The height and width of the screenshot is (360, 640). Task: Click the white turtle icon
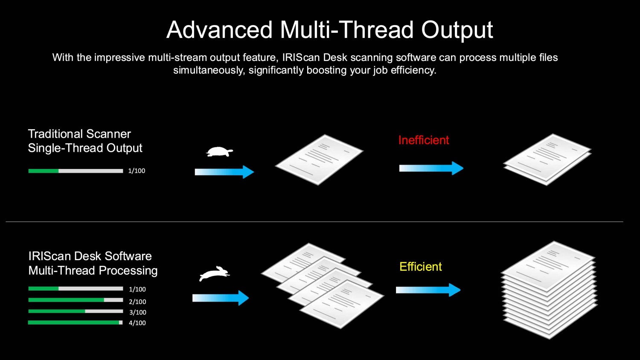pos(219,152)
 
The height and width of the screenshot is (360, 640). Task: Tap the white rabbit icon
pos(215,274)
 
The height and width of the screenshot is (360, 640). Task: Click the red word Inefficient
pos(423,140)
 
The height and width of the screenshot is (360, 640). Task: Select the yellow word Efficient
pos(421,267)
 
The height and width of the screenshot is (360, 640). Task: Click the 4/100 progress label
pos(137,323)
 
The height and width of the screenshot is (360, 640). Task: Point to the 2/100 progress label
pos(137,302)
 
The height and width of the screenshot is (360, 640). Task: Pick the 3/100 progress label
pos(138,312)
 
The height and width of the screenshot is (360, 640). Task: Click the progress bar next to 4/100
pos(76,322)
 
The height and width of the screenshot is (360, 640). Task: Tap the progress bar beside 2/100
pos(76,300)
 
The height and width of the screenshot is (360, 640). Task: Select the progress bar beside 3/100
pos(76,311)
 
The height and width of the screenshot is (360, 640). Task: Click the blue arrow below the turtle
pos(224,172)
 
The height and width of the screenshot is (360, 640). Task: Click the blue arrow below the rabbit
pos(221,298)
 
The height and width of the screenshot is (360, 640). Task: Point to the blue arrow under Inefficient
pos(431,168)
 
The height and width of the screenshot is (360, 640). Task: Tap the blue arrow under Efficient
pos(428,290)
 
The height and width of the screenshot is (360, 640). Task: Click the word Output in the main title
pos(457,30)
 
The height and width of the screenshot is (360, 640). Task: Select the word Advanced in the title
pos(219,29)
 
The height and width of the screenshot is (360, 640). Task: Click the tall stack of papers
pos(549,290)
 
